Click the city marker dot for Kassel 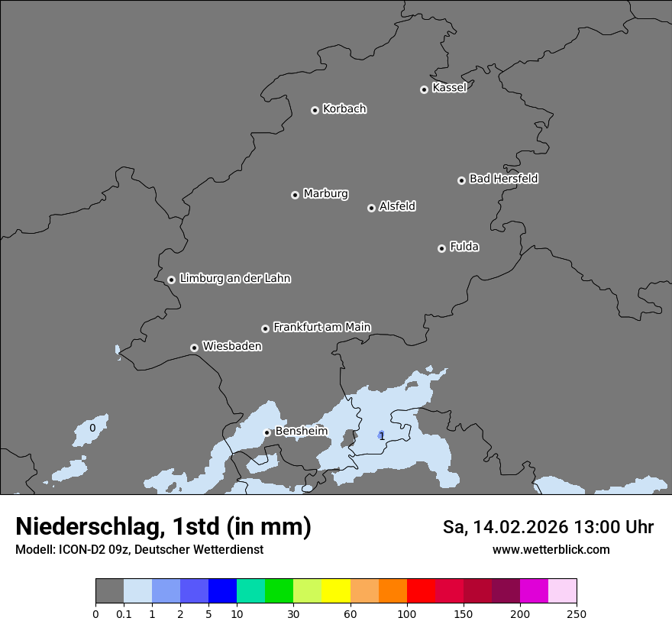[424, 89]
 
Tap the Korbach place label [344, 109]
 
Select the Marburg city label [325, 194]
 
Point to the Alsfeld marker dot [371, 208]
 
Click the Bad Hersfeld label [503, 179]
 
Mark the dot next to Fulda [441, 248]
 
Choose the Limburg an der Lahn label [234, 279]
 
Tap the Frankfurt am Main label [321, 327]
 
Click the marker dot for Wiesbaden [194, 348]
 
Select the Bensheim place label [301, 432]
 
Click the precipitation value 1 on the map [382, 436]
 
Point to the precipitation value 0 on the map [92, 428]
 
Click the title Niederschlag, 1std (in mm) [163, 526]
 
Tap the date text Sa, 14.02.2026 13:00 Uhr [548, 527]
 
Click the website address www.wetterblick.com [551, 549]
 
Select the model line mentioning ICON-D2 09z [139, 549]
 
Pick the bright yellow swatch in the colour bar [336, 591]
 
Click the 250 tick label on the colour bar [577, 613]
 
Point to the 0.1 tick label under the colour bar [124, 613]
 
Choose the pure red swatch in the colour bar [421, 591]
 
